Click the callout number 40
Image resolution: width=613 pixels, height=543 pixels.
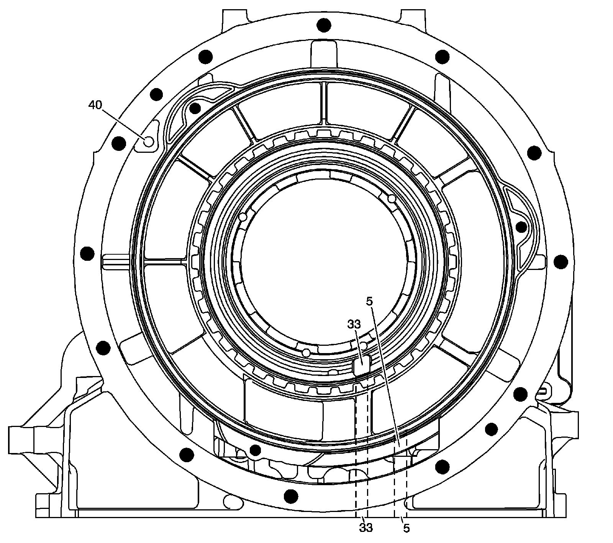point(95,105)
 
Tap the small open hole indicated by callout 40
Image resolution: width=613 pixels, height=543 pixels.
point(148,141)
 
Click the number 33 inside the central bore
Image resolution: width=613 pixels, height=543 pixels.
point(354,324)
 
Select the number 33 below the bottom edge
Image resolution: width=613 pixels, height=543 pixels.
point(366,528)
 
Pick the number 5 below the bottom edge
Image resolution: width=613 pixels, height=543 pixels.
point(406,528)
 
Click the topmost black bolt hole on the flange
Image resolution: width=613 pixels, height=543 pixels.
point(324,25)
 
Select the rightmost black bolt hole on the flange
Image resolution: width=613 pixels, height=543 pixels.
point(561,262)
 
